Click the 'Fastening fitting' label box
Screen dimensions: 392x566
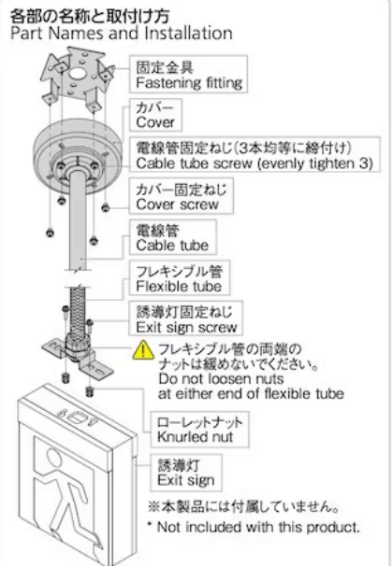coord(188,74)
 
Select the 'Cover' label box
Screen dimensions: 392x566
coord(155,115)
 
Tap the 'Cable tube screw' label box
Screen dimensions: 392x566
coord(254,154)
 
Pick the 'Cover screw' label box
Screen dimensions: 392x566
coord(181,196)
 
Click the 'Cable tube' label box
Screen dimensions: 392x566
coord(173,237)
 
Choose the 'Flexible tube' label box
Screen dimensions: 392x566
coord(180,277)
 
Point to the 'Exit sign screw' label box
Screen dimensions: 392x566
coord(186,318)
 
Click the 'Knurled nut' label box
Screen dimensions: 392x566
coord(199,430)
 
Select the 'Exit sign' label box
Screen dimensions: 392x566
coord(186,473)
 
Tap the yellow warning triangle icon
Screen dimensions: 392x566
coord(143,350)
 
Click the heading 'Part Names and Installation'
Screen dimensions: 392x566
coord(122,34)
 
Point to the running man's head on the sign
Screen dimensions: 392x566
coord(54,457)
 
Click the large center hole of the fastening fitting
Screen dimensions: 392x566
coord(77,73)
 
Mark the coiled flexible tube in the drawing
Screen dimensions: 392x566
coord(78,310)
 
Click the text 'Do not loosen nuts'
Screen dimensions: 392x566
coord(221,378)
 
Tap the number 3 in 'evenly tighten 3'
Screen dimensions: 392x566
coord(363,163)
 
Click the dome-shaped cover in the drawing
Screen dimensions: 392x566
coord(77,155)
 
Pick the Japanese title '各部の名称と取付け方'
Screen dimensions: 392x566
coord(90,16)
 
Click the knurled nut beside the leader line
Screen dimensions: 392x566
coord(90,391)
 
